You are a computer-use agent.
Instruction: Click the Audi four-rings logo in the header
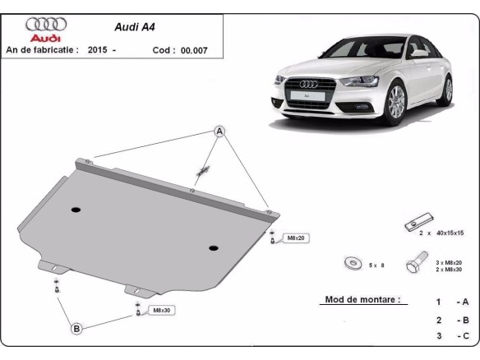46,25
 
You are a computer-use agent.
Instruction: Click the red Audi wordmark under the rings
44,38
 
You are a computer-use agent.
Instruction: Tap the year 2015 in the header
97,50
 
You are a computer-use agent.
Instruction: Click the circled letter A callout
220,132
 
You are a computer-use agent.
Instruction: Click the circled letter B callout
76,329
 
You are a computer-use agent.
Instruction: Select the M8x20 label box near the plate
294,238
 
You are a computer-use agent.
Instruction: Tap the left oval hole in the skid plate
76,210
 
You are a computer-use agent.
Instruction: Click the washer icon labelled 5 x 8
353,264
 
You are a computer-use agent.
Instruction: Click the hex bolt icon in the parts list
413,265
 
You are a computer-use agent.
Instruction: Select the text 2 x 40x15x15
441,233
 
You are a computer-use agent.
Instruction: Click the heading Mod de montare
362,300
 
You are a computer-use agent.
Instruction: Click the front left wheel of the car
396,105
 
